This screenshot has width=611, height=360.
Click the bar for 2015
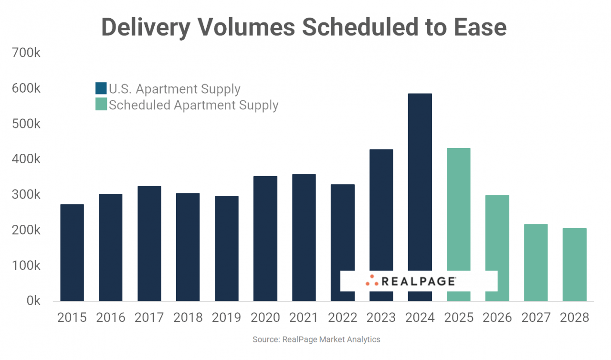[x=72, y=253]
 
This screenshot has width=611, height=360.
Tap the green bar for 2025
[x=459, y=210]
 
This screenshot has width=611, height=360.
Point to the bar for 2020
[x=265, y=239]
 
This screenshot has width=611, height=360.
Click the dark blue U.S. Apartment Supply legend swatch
[x=101, y=89]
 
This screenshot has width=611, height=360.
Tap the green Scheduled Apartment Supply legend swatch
[x=101, y=105]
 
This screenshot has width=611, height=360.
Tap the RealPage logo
[x=411, y=281]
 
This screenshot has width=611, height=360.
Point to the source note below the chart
[x=316, y=339]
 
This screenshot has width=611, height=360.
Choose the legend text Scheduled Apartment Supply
[x=193, y=105]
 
